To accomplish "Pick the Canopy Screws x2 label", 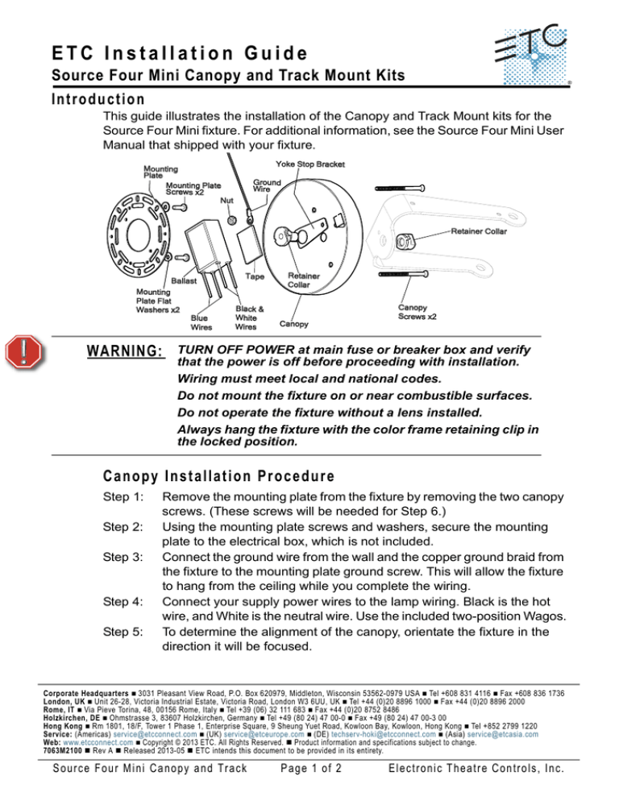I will pos(418,312).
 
